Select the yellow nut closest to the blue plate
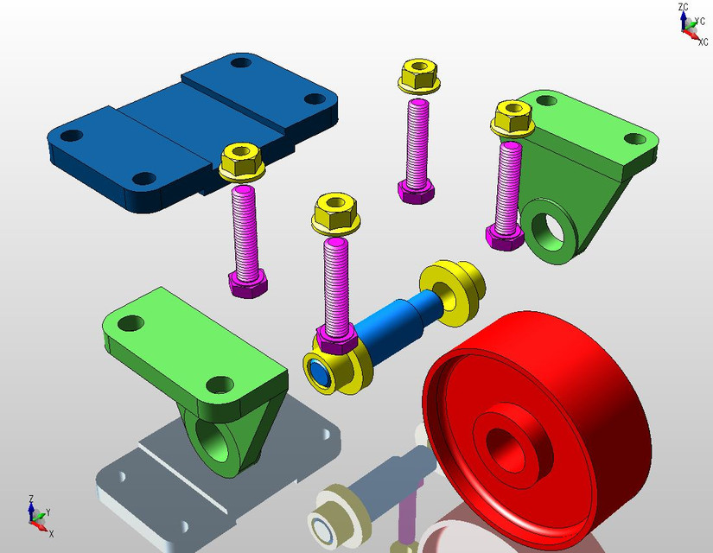coord(241,162)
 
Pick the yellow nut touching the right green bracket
coord(512,118)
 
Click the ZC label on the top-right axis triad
coord(683,7)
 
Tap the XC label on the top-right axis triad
coord(703,42)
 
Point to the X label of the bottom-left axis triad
coord(52,534)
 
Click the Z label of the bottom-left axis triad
coord(30,499)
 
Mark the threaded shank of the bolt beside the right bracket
coord(506,185)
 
